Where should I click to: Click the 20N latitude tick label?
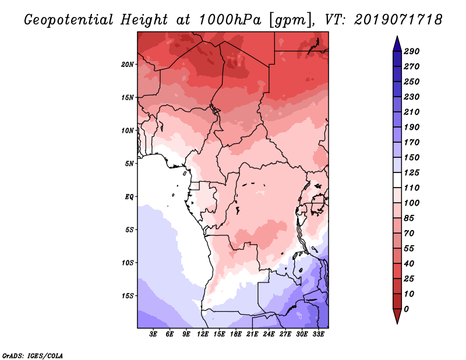coord(127,65)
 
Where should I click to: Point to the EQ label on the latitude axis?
coord(129,197)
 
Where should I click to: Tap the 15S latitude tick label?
coord(128,296)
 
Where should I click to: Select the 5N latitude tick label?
coord(129,164)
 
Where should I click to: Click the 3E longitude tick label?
coord(153,334)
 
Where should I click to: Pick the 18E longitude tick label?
coord(236,334)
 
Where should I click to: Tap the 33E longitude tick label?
coord(318,334)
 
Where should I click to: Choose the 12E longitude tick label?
coord(203,334)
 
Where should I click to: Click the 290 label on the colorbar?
coord(412,51)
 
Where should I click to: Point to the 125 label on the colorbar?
coord(412,172)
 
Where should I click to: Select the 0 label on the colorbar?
coord(407,309)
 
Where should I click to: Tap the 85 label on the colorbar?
coord(409,218)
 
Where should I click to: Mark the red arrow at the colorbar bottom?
coord(397,316)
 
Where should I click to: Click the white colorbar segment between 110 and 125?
coord(397,180)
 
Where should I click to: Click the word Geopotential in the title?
coord(69,20)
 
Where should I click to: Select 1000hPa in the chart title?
coord(230,20)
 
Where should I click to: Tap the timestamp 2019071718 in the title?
coord(398,20)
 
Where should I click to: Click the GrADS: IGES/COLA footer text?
coord(33,356)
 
